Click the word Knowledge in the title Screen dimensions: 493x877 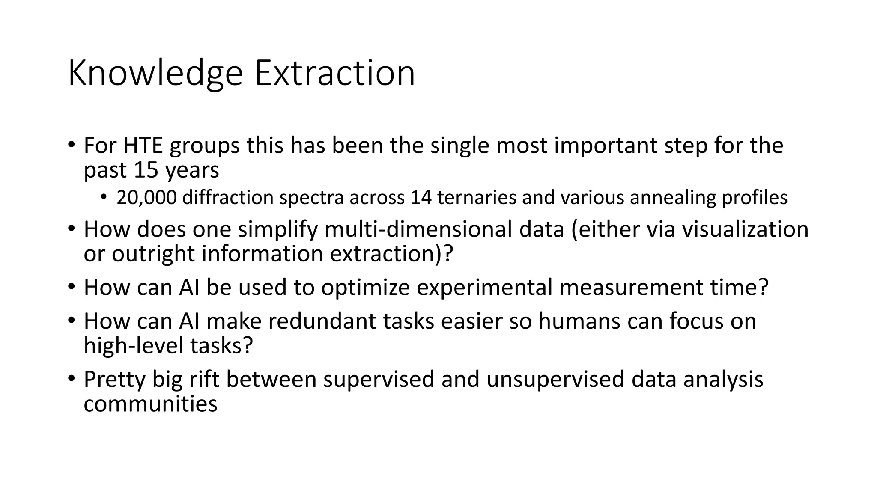pos(155,74)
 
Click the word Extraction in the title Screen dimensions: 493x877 pos(334,74)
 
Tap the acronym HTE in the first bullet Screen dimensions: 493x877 pos(143,146)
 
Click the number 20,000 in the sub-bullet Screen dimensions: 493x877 pos(146,198)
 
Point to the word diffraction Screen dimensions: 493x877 pos(228,198)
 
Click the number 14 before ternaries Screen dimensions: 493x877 pos(421,198)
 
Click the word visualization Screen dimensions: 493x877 pos(745,229)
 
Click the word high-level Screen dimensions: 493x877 pos(134,346)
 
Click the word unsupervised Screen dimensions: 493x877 pos(555,380)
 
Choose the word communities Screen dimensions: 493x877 pos(150,404)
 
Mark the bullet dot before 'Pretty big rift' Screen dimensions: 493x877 pos(71,378)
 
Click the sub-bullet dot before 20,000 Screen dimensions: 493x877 pos(104,197)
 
